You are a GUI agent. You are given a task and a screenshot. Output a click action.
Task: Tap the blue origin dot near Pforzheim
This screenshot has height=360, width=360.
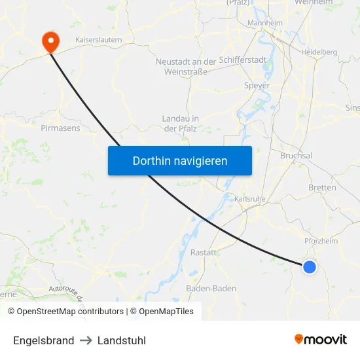click(x=310, y=266)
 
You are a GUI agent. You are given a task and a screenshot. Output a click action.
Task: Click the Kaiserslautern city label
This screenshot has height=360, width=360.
click(x=99, y=40)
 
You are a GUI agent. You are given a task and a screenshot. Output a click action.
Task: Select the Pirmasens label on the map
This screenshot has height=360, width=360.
click(x=60, y=128)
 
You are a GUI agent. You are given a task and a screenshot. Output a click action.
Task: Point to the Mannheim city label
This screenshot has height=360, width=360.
click(x=264, y=23)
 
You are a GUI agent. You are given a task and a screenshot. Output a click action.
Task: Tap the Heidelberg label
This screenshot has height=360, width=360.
click(x=319, y=52)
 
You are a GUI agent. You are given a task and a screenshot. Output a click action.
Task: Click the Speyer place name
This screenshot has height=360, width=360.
click(x=257, y=85)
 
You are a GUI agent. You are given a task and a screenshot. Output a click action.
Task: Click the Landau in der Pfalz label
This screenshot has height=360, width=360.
click(x=180, y=124)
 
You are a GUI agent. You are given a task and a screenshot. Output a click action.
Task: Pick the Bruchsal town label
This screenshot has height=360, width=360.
click(x=296, y=156)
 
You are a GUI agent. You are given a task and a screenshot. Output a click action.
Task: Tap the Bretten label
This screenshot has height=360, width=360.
click(x=322, y=188)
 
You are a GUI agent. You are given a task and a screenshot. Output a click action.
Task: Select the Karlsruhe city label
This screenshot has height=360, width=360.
click(x=249, y=198)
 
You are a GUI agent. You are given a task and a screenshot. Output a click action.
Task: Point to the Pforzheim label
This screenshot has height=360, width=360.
click(x=320, y=241)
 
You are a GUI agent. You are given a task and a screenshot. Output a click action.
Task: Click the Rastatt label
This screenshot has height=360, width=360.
click(x=203, y=252)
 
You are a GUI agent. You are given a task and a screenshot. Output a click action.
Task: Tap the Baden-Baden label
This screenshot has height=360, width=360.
click(x=211, y=288)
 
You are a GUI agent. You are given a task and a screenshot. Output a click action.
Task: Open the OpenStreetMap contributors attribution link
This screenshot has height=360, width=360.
click(x=70, y=312)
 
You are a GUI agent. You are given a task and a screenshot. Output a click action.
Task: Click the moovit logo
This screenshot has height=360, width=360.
click(x=321, y=339)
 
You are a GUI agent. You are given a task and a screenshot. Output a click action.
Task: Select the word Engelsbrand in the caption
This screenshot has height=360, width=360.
click(x=43, y=340)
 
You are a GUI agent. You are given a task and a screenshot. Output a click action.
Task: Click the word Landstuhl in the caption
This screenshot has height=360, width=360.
click(x=122, y=340)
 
